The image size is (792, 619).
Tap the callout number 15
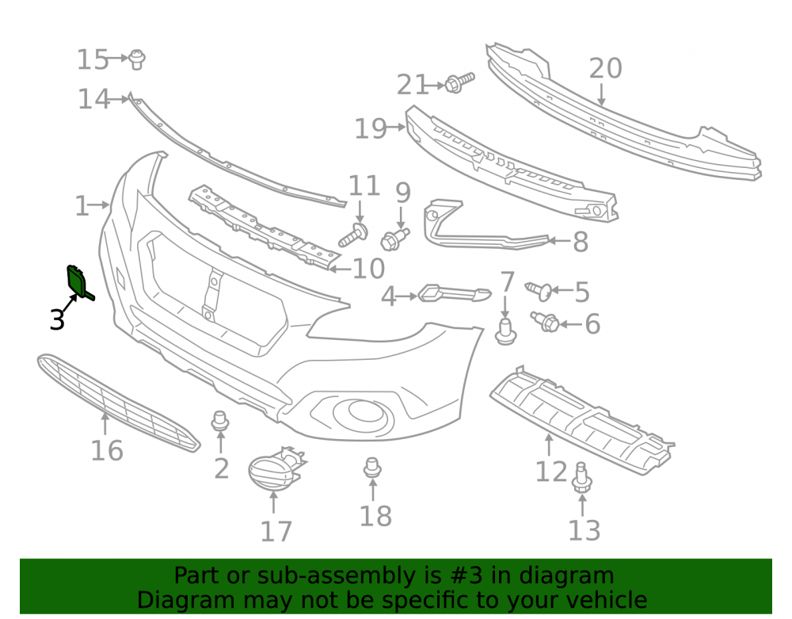pos(93,59)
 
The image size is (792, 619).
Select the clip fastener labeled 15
pos(136,59)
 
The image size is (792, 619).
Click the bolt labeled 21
pos(459,82)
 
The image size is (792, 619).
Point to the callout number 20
pos(605,68)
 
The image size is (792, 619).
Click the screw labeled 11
pos(353,235)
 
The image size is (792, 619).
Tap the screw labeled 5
pos(539,291)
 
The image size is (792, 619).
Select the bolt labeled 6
pos(545,321)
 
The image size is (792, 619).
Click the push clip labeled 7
pos(505,331)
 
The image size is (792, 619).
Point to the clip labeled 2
pos(219,420)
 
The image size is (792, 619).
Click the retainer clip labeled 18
pos(372,468)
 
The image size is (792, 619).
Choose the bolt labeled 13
pos(581,477)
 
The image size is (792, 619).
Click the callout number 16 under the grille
pos(107,450)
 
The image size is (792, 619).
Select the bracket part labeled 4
pos(454,293)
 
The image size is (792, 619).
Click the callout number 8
pos(581,242)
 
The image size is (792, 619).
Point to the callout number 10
pos(369,269)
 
